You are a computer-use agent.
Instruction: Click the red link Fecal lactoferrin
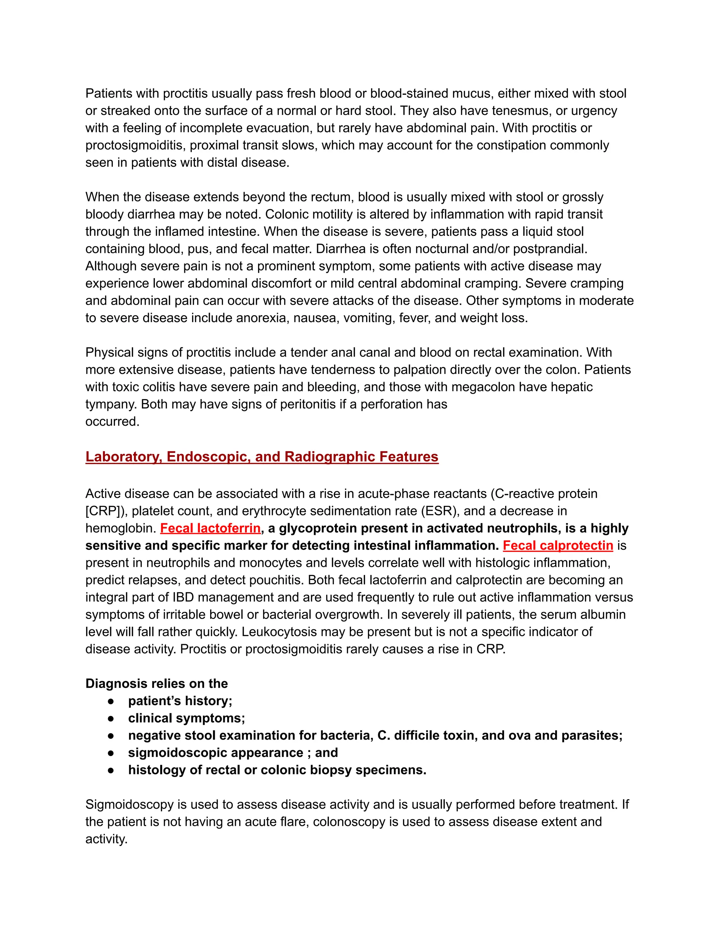(210, 528)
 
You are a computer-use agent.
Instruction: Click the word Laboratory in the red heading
(123, 457)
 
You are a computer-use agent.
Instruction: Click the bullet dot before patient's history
(111, 701)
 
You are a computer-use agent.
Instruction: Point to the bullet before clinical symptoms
(111, 718)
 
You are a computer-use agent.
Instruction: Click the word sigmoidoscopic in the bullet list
(171, 753)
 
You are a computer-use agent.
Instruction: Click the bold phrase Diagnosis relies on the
(157, 684)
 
